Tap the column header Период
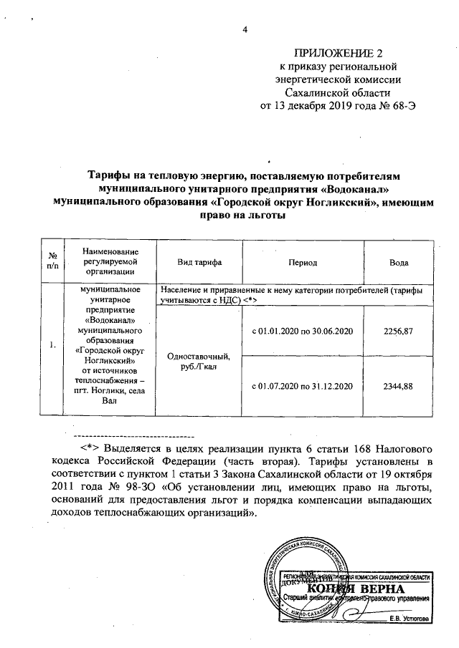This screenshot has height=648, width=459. (x=303, y=263)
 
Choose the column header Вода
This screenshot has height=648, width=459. (x=399, y=263)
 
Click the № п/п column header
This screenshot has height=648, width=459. (x=52, y=263)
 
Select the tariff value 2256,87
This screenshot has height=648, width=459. (x=399, y=332)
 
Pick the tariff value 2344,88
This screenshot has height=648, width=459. (x=399, y=387)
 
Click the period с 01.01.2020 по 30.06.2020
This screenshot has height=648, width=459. (x=303, y=332)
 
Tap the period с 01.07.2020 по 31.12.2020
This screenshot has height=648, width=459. (x=303, y=387)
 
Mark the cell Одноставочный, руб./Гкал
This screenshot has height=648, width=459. (x=197, y=362)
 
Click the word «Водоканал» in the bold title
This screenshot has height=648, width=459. (x=356, y=189)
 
